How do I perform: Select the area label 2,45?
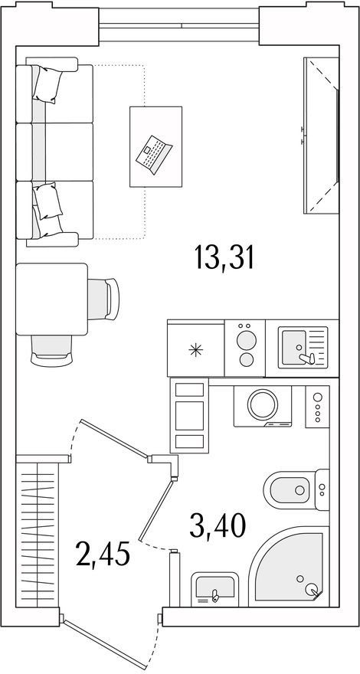coord(102,554)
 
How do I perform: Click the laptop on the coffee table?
coord(154,155)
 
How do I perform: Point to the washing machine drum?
coord(263,404)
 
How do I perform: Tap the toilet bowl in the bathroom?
coord(287,490)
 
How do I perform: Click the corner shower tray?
coord(286,568)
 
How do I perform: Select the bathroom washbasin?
coord(215,589)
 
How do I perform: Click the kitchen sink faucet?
coord(306,358)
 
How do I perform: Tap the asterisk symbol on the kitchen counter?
coord(195,350)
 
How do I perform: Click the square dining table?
coord(51,299)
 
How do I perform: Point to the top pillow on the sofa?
coord(47,84)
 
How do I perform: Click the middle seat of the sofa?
coord(54,152)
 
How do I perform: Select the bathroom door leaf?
coord(156,510)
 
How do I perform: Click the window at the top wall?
coord(179,25)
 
